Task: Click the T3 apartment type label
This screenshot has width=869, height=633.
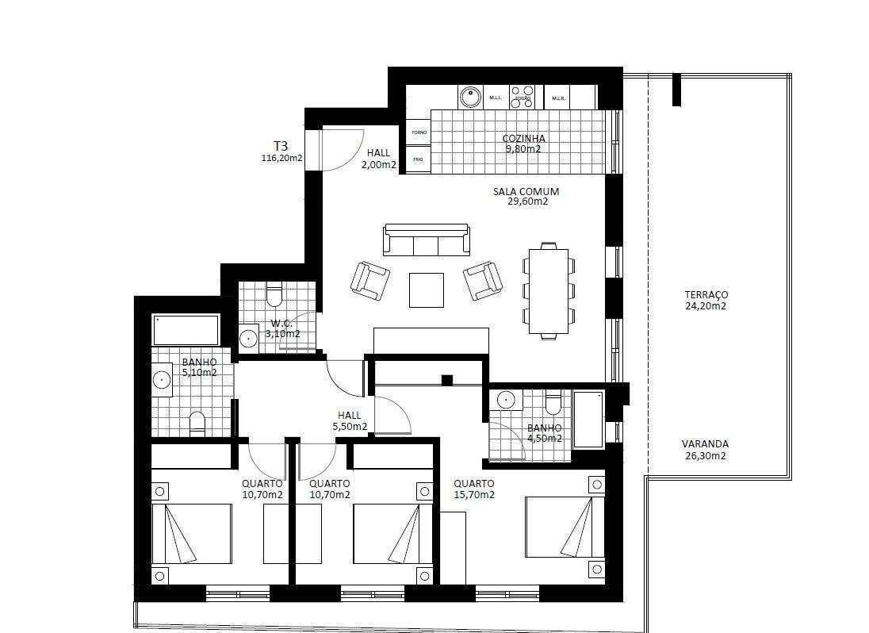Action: [x=281, y=146]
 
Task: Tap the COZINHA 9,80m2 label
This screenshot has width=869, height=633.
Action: [x=523, y=144]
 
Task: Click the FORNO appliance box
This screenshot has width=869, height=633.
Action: [x=419, y=132]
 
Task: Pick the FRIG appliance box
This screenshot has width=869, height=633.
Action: [x=419, y=159]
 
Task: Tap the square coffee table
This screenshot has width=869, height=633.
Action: [x=427, y=290]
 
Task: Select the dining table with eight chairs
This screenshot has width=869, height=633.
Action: [x=549, y=290]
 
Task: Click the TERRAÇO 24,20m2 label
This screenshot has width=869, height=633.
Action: [x=706, y=300]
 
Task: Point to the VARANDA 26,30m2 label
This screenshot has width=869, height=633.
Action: [x=705, y=450]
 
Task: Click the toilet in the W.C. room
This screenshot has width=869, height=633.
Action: [x=274, y=296]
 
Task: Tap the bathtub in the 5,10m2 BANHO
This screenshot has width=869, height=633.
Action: [x=186, y=329]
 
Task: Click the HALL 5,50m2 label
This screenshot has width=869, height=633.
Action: [x=349, y=420]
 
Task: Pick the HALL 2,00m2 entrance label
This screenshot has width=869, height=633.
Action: [x=379, y=159]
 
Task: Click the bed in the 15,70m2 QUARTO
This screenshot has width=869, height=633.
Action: [x=565, y=527]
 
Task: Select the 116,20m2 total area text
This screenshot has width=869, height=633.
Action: [x=281, y=158]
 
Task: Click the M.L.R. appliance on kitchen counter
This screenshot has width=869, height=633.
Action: [x=557, y=98]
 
